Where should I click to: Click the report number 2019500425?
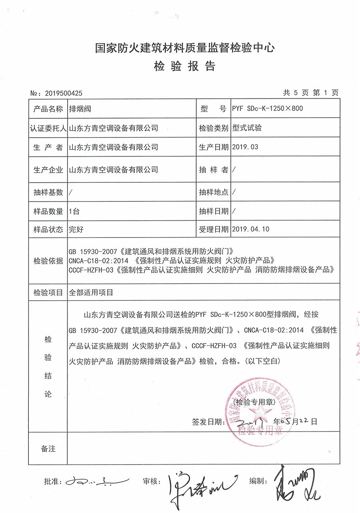point(64,93)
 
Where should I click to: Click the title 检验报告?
point(184,66)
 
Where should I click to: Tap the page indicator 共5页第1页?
point(310,93)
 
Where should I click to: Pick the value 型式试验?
point(247,128)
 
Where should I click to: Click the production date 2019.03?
point(245,147)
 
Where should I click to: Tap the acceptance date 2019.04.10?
point(251,229)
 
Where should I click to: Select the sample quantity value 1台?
point(74,211)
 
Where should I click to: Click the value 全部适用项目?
point(91,292)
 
